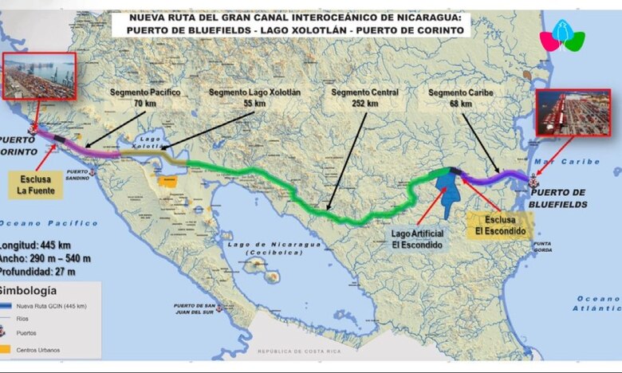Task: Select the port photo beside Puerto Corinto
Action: click(x=39, y=76)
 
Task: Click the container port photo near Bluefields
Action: click(x=561, y=111)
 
